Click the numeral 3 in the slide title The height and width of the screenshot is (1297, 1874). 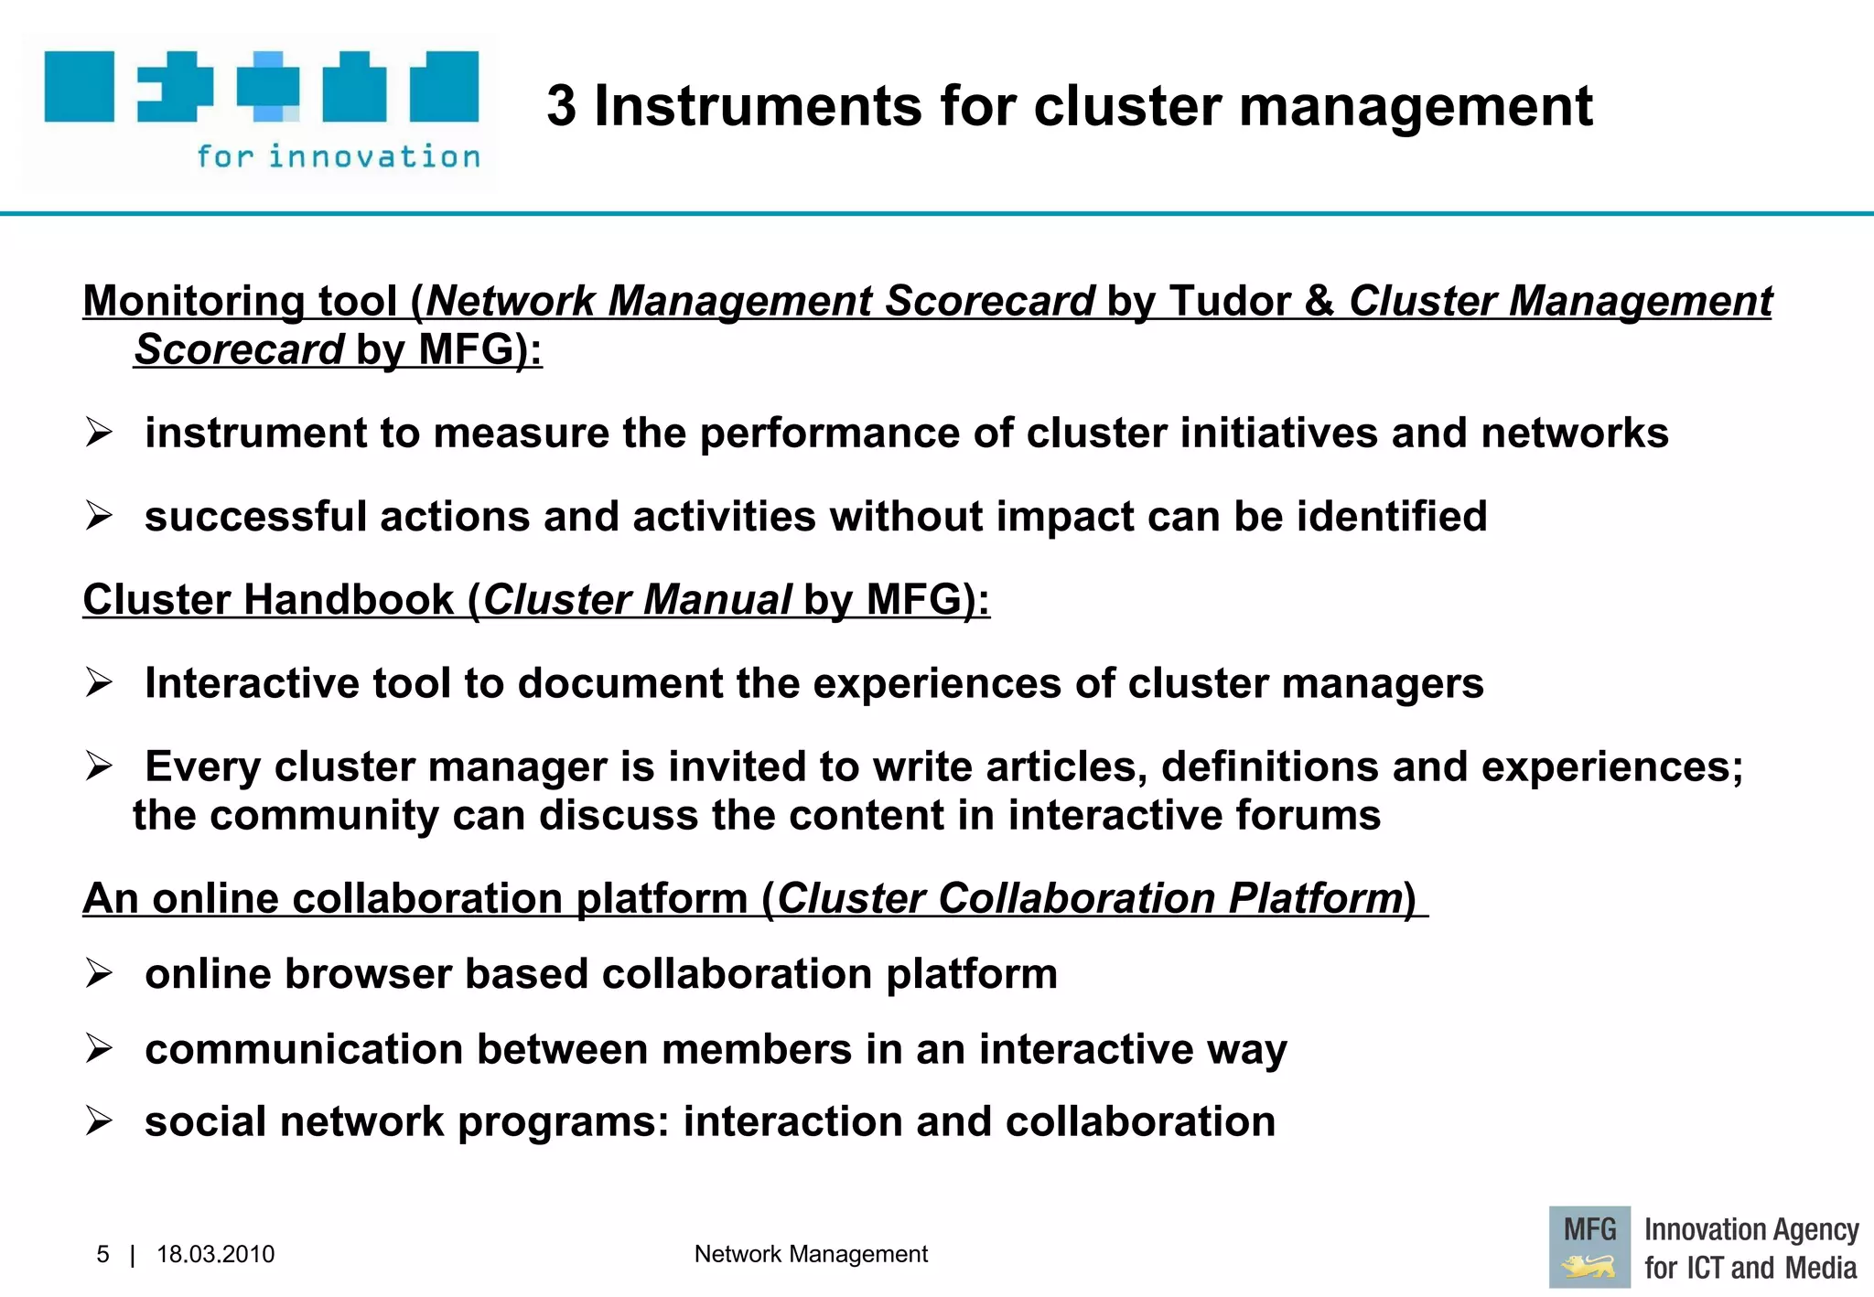point(562,107)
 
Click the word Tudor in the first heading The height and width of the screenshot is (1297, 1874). point(1229,302)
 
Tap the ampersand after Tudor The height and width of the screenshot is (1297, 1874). point(1319,302)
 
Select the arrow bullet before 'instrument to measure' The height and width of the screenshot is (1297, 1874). point(99,432)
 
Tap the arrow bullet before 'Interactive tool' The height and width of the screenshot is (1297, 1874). point(99,682)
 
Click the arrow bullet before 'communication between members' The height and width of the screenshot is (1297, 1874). point(99,1048)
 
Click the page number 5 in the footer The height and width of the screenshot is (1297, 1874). point(102,1254)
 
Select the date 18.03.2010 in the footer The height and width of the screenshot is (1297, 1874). point(215,1254)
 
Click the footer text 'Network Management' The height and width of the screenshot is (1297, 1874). point(811,1254)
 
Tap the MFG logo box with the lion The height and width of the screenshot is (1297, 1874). point(1589,1247)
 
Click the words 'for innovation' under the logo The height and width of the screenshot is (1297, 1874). point(339,157)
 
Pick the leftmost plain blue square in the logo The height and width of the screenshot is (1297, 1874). point(80,87)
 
